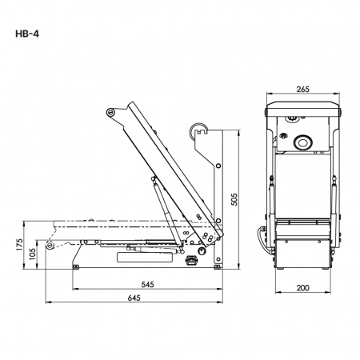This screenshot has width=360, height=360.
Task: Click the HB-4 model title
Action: (x=27, y=34)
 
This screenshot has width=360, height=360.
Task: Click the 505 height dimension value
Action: (x=234, y=199)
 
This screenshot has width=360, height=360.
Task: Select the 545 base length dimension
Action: (x=147, y=284)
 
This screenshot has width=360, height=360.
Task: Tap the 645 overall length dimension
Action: (x=134, y=298)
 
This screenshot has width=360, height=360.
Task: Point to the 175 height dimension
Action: (x=19, y=245)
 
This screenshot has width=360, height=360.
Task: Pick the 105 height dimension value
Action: (x=32, y=254)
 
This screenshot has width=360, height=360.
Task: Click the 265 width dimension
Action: (x=303, y=89)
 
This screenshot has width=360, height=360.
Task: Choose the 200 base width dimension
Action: (x=303, y=288)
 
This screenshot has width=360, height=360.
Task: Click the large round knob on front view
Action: (x=302, y=142)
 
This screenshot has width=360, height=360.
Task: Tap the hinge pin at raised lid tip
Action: (x=110, y=112)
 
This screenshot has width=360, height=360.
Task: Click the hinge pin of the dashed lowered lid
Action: (x=49, y=245)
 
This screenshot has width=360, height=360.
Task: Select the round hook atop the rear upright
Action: (x=197, y=130)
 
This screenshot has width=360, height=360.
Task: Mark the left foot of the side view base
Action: (x=76, y=266)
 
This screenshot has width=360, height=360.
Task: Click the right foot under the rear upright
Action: (x=218, y=266)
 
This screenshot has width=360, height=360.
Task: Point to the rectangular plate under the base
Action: (x=144, y=257)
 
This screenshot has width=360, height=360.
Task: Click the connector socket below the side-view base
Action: (x=191, y=260)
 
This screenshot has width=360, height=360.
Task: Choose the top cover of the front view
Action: (x=303, y=110)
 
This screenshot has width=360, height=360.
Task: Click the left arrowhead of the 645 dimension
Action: (x=47, y=302)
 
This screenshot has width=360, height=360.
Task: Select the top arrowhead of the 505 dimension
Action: (x=238, y=133)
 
